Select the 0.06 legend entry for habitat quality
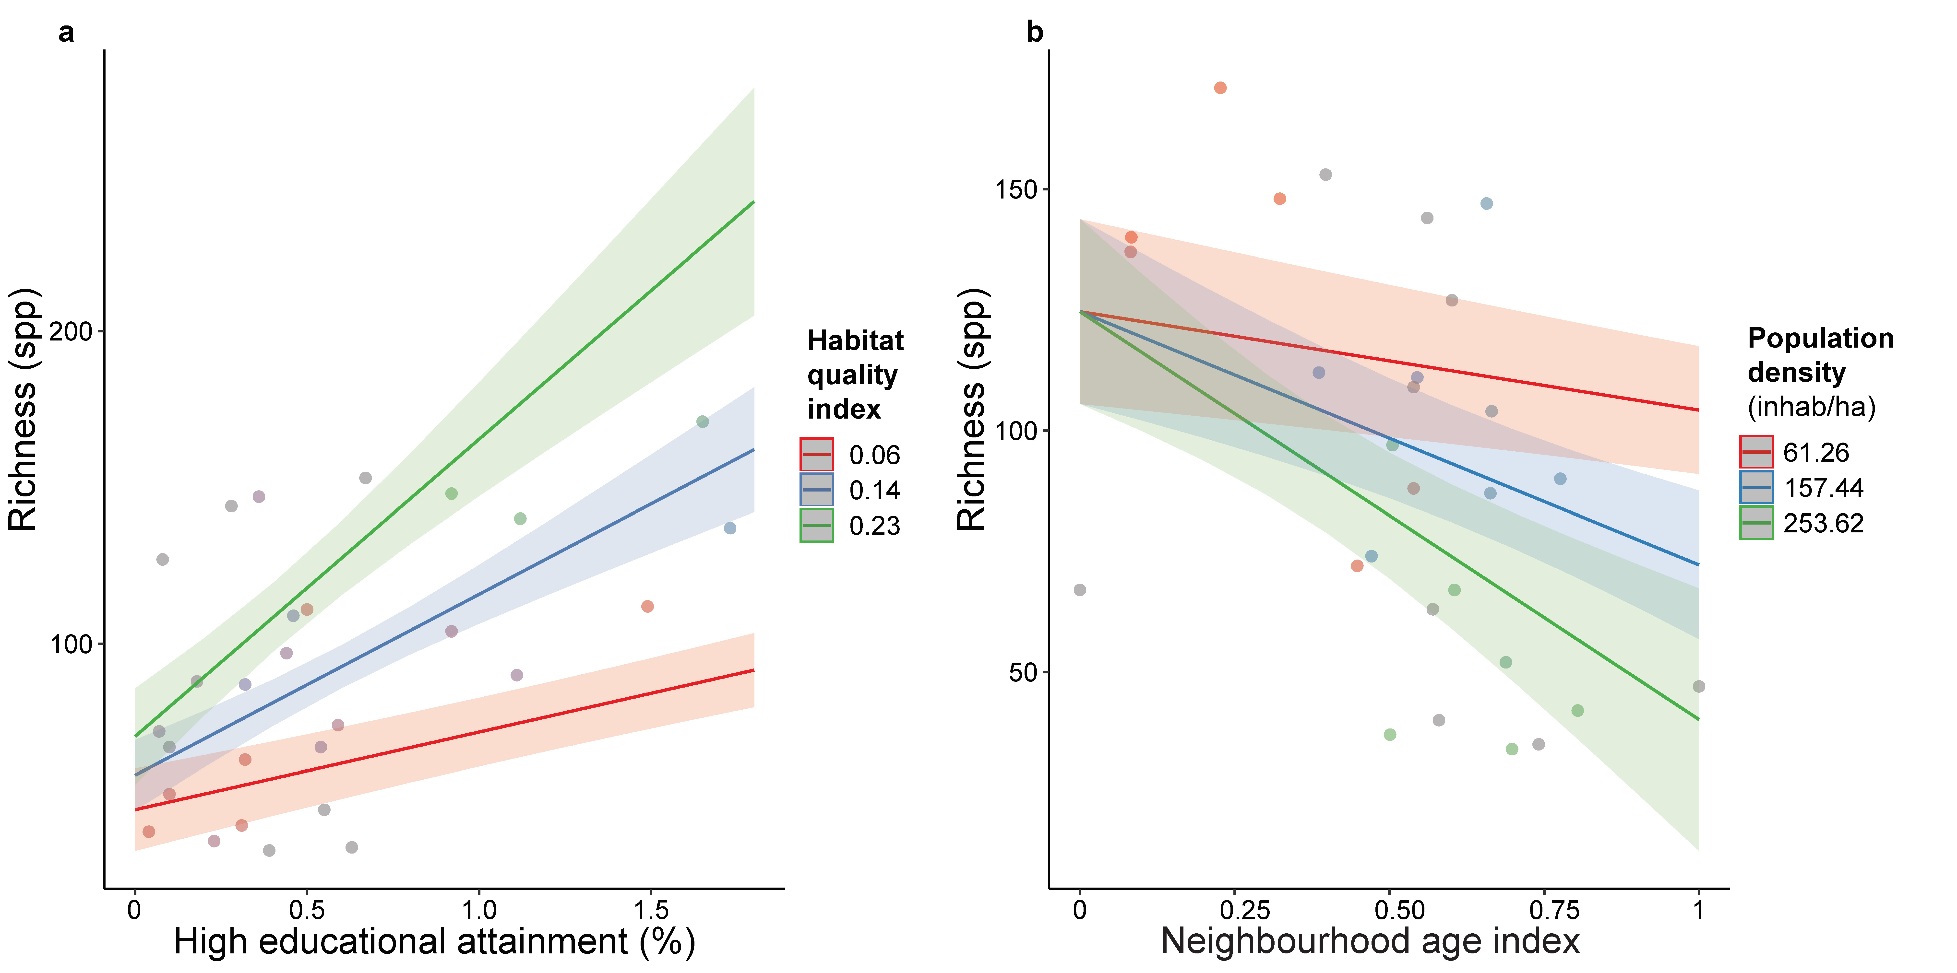tap(817, 454)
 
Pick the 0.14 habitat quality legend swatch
tap(817, 490)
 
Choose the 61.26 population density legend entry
tap(1756, 452)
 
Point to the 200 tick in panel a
tap(71, 331)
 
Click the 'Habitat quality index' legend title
tap(855, 375)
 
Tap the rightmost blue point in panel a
tap(730, 528)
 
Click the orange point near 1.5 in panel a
tap(647, 606)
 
